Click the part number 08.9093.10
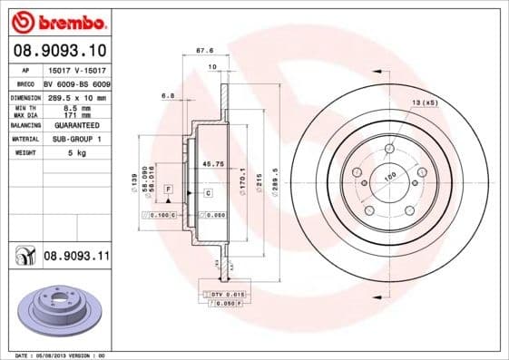pos(62,51)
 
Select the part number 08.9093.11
pos(76,258)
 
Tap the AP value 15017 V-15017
pos(75,70)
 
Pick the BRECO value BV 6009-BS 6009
pos(77,83)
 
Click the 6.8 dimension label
pos(168,94)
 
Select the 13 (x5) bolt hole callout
pos(424,103)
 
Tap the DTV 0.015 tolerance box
pos(227,296)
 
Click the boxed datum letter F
pos(168,187)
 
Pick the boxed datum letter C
pos(208,193)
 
